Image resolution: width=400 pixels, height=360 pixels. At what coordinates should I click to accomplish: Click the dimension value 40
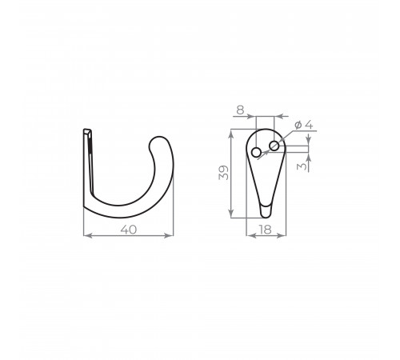[x=129, y=230]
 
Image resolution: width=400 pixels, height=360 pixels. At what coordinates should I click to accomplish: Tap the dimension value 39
[x=223, y=173]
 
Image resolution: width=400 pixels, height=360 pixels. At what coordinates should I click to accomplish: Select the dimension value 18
[x=265, y=230]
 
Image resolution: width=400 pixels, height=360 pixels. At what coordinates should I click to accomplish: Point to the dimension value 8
[x=240, y=110]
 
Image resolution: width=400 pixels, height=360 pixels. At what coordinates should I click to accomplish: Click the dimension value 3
[x=302, y=166]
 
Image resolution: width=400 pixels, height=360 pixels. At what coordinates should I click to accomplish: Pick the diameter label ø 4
[x=304, y=125]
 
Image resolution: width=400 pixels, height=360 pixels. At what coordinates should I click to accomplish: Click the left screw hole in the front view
[x=257, y=153]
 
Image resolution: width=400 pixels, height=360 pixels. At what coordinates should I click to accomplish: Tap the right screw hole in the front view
[x=274, y=146]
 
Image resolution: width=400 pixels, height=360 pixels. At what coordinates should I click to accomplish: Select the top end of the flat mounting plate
[x=87, y=130]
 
